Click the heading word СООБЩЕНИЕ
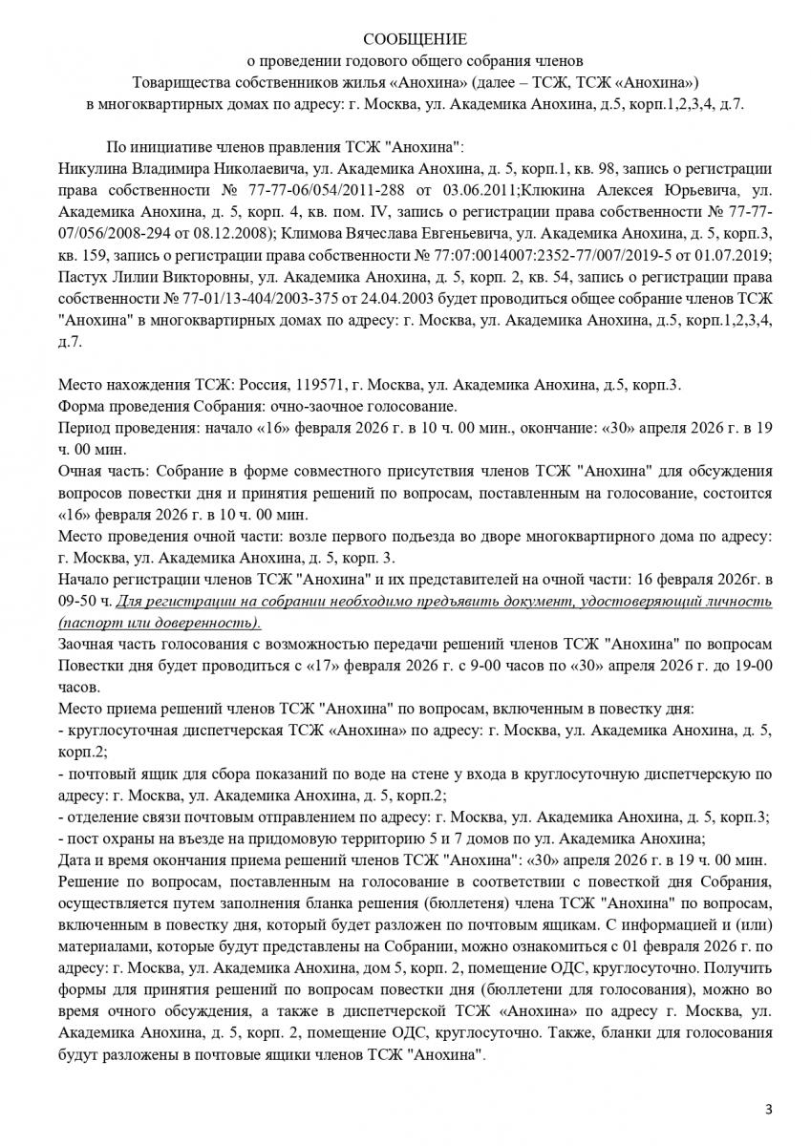(x=415, y=39)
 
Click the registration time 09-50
(x=78, y=601)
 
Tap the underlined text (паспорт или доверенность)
(x=159, y=622)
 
